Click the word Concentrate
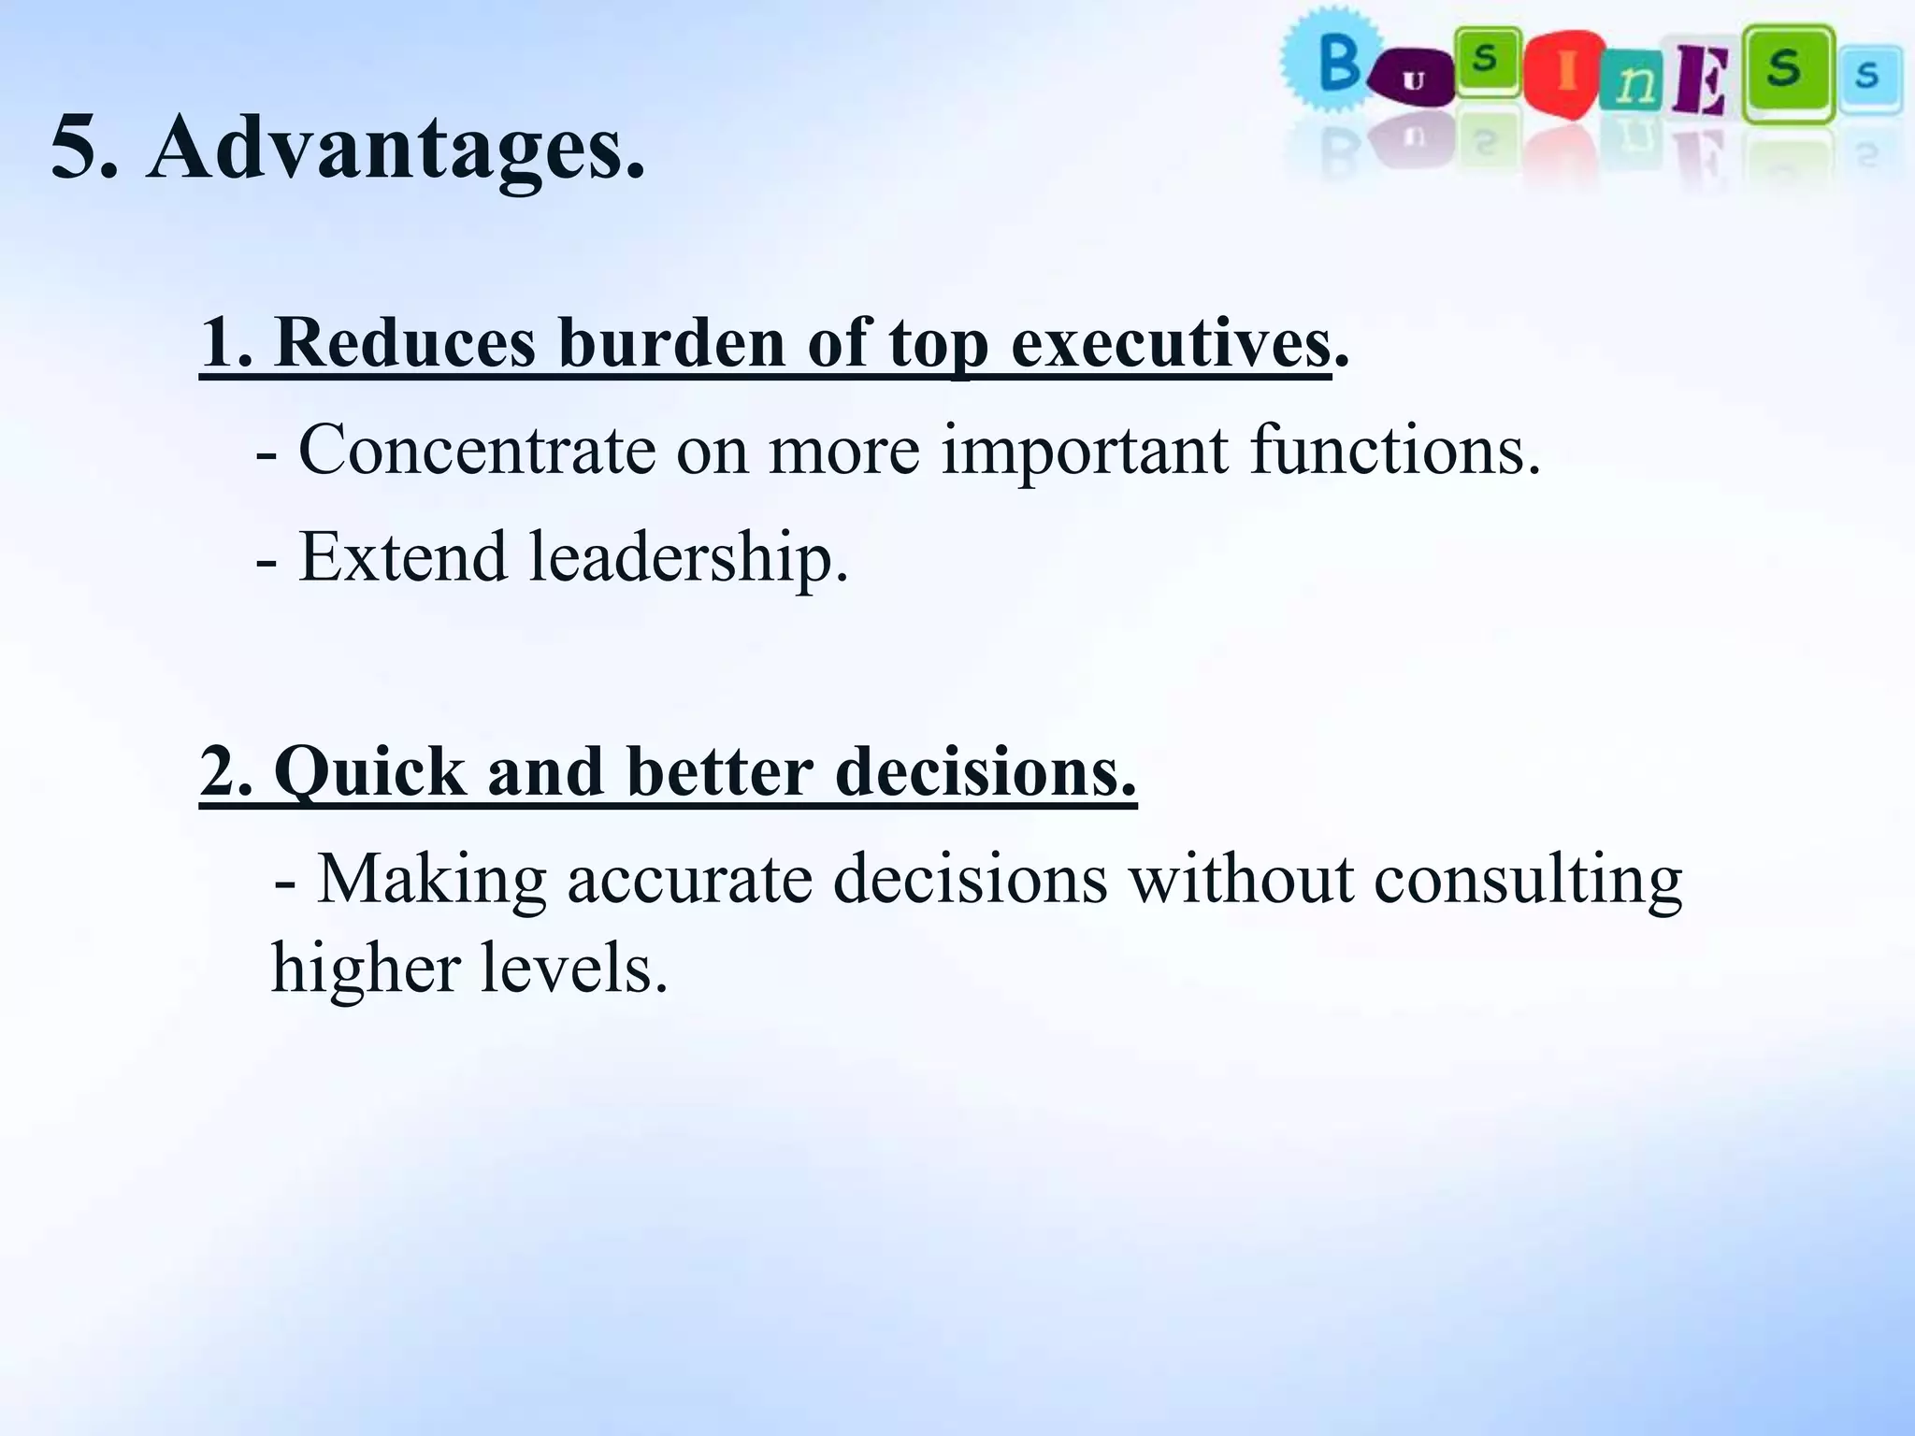coord(477,451)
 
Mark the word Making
coord(431,881)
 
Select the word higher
coord(366,969)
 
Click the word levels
coord(574,967)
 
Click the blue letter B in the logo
coord(1338,64)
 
